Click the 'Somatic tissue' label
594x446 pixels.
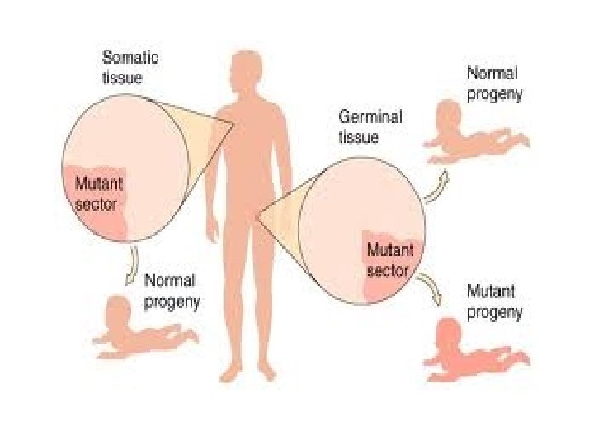tap(130, 67)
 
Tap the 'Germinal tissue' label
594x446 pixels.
tap(370, 126)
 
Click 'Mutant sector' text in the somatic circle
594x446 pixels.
tap(96, 192)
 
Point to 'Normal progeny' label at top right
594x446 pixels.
tap(494, 83)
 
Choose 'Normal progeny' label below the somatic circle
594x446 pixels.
tap(172, 291)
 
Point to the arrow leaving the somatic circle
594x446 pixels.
tap(131, 266)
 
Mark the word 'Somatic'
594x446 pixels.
tap(130, 58)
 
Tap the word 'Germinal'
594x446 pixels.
tap(370, 117)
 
